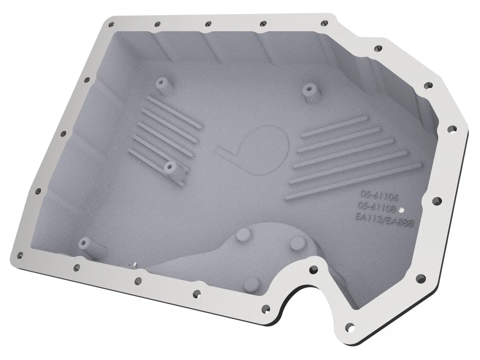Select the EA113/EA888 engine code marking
click(x=383, y=219)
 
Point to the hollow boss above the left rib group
click(x=161, y=82)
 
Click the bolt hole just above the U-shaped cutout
click(x=313, y=269)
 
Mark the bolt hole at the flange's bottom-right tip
click(x=349, y=327)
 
